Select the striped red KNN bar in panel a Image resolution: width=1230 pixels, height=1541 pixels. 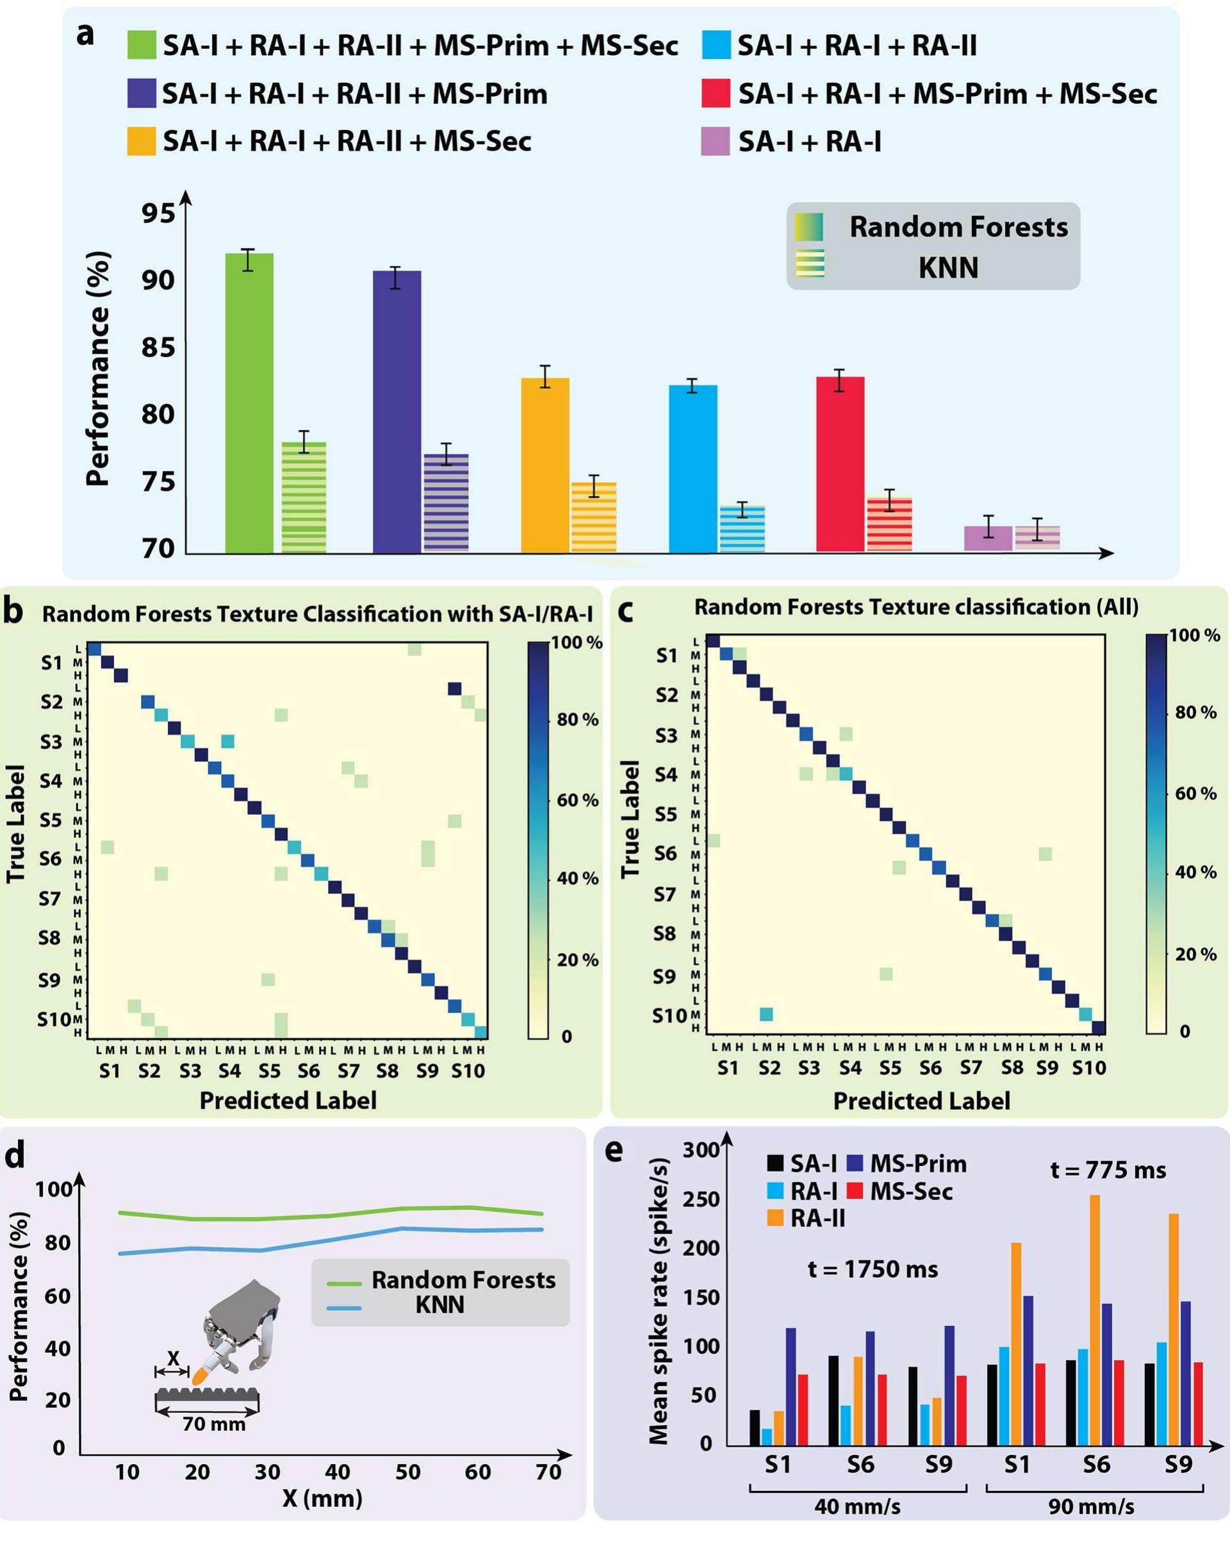889,525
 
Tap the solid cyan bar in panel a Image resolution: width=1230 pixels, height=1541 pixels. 693,468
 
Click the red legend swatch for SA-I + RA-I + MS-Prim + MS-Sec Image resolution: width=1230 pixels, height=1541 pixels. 715,94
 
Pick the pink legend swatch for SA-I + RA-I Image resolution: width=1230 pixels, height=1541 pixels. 715,142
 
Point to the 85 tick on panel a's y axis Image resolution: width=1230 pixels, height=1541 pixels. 158,348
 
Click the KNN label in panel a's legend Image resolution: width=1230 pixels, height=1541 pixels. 947,267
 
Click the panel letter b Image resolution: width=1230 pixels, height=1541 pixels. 13,612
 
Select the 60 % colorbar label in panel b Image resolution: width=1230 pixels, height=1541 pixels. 577,800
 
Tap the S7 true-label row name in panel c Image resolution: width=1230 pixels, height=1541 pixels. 665,894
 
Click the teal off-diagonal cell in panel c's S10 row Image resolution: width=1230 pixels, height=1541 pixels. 766,1014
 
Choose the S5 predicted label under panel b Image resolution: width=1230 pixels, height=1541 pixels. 270,1071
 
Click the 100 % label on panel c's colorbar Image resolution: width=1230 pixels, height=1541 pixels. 1193,636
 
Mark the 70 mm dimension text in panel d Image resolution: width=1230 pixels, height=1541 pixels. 214,1424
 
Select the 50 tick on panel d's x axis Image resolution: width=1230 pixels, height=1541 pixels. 407,1472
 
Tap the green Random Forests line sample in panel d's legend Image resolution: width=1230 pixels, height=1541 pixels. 344,1283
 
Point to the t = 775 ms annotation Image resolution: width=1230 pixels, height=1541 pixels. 1107,1170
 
